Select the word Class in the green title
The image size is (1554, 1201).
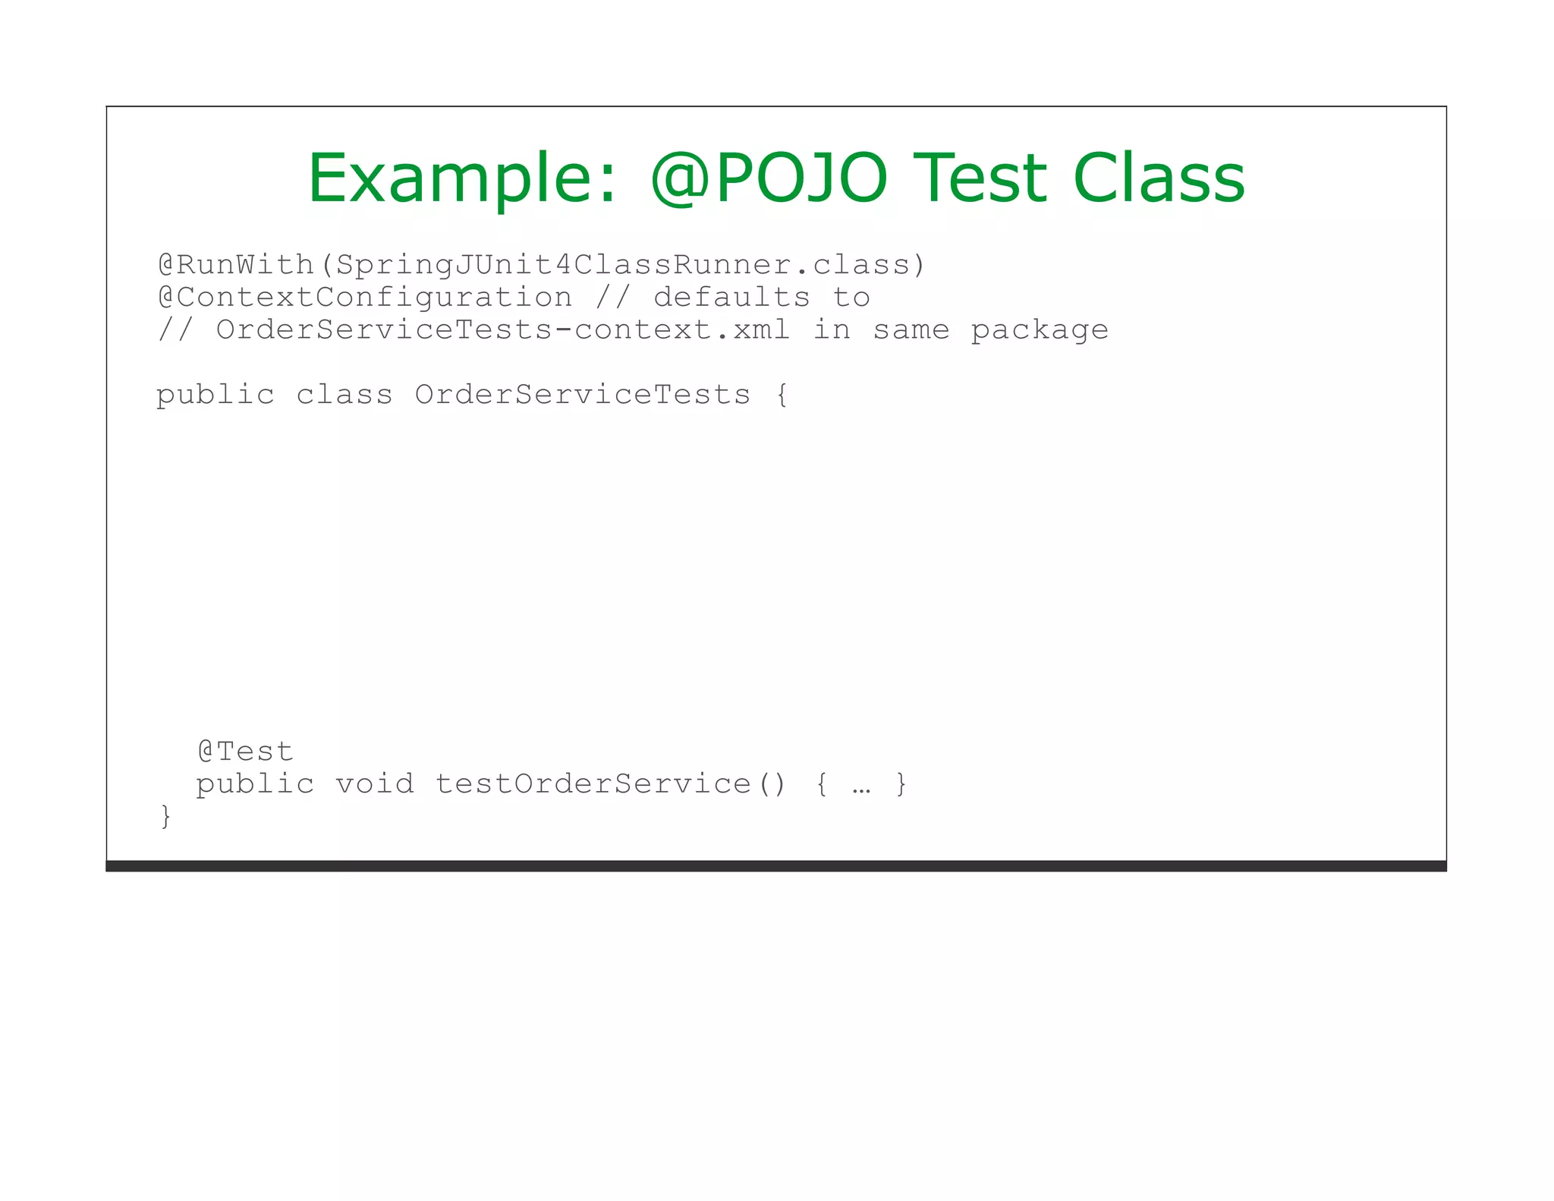(1159, 179)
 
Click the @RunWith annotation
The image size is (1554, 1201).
(236, 265)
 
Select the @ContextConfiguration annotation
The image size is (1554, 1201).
(365, 298)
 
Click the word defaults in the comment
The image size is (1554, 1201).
(731, 298)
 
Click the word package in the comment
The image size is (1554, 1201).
(1040, 330)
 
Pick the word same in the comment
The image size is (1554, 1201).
(911, 330)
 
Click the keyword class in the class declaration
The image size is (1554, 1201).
(344, 395)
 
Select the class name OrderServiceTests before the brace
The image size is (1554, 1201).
(583, 395)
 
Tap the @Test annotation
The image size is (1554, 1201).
(245, 752)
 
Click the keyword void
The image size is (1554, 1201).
(375, 783)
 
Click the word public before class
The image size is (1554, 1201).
(215, 396)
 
